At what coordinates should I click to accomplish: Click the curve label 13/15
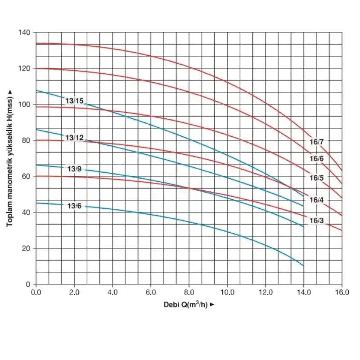74,101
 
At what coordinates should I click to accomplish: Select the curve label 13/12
74,137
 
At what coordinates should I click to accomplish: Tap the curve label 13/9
74,169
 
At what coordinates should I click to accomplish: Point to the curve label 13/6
74,206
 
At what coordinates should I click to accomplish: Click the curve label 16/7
317,142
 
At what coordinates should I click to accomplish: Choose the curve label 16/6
317,159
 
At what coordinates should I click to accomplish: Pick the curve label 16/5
317,178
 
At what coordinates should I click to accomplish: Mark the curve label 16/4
317,200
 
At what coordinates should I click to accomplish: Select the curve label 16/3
317,221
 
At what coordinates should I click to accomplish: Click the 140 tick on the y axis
24,32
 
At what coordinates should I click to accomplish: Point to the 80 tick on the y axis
26,140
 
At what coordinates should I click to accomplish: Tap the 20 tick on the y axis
26,248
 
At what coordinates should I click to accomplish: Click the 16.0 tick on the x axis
342,292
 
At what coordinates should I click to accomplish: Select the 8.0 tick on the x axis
189,292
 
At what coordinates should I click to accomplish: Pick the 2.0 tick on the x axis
74,292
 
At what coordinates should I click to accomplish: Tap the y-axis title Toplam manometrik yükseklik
9,157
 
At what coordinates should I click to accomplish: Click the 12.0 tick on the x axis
265,292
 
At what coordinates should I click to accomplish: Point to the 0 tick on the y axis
28,284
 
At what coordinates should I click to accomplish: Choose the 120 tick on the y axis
24,68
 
